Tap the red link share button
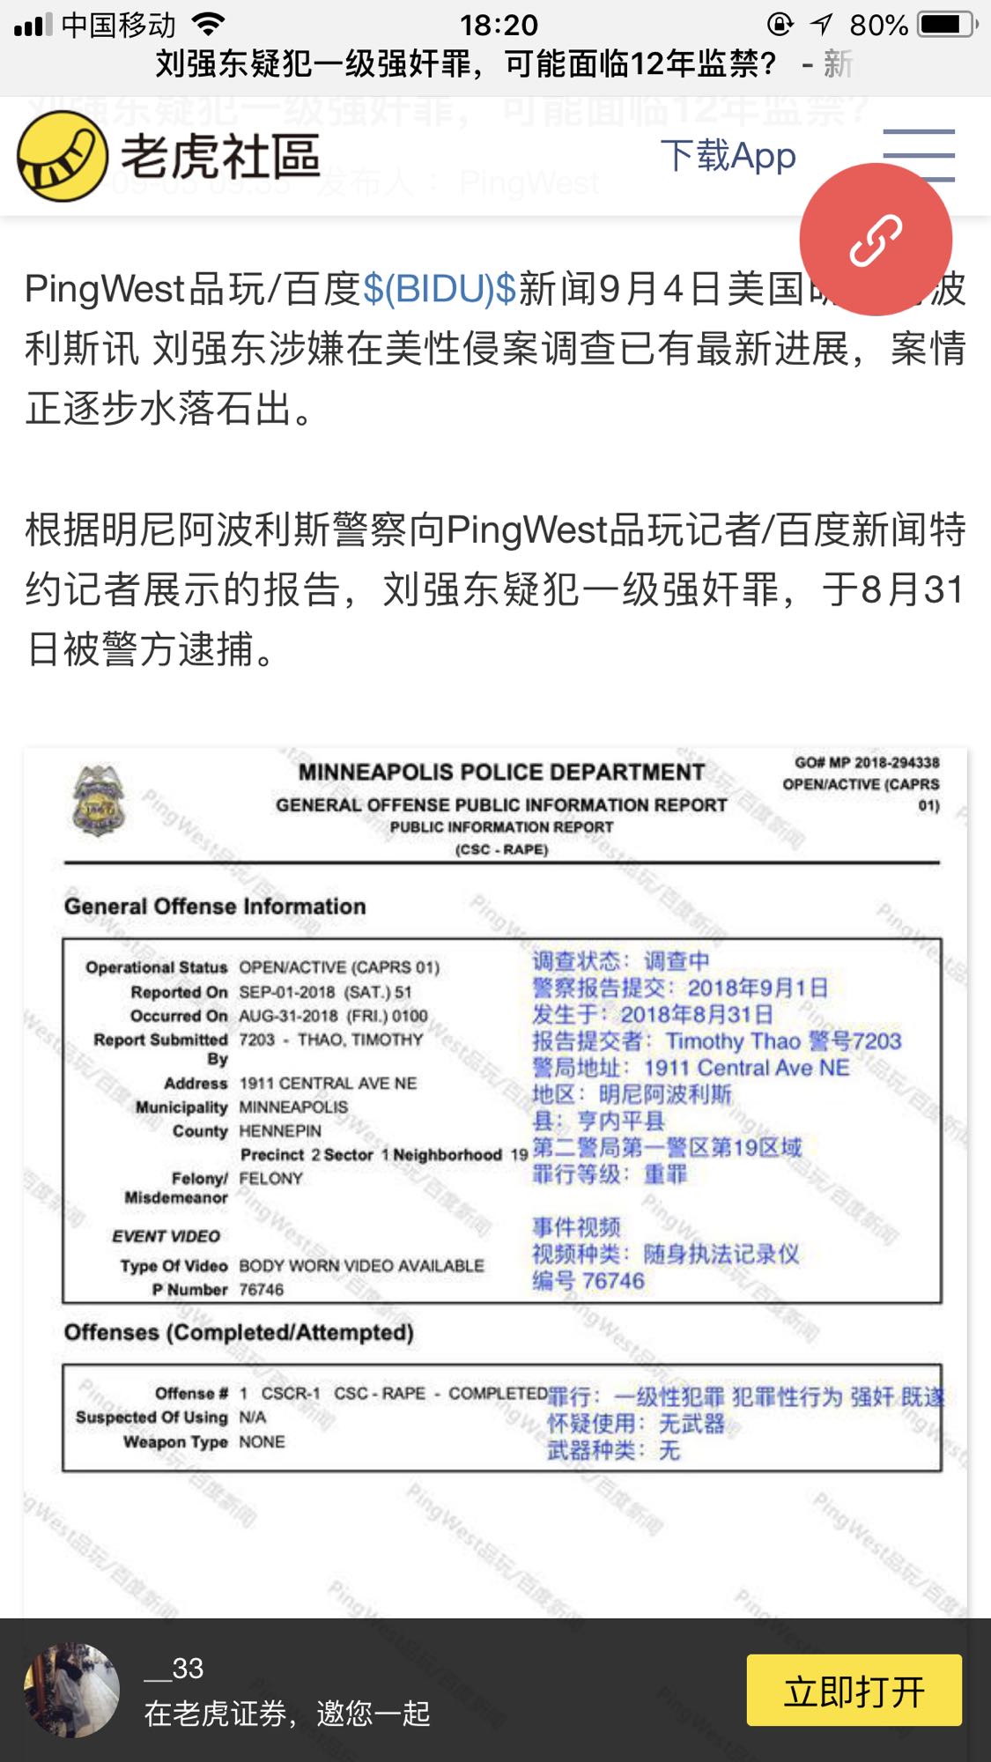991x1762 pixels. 876,240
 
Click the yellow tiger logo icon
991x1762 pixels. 63,157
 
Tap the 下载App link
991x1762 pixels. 728,156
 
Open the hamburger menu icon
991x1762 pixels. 919,156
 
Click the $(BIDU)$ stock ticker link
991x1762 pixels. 440,289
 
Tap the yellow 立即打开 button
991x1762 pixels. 854,1690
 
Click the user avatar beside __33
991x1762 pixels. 71,1690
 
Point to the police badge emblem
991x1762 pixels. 99,800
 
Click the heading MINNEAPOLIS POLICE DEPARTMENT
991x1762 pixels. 501,772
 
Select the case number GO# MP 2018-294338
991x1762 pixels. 867,762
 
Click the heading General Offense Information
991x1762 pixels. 215,906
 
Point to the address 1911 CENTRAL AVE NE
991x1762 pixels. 328,1083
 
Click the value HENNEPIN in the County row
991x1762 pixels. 280,1130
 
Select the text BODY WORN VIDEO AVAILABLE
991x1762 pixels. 361,1265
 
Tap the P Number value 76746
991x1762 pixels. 262,1290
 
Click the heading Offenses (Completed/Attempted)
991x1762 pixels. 239,1332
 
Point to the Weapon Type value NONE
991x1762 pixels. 262,1442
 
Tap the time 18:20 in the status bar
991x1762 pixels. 499,25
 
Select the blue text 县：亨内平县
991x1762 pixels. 598,1121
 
